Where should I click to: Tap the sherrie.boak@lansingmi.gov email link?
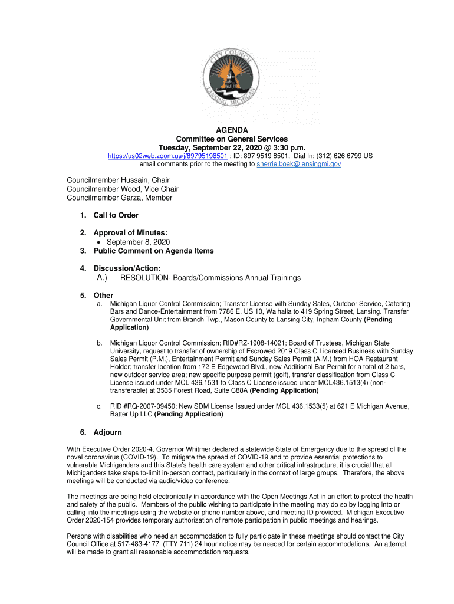(299, 164)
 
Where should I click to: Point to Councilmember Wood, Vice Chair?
(123, 189)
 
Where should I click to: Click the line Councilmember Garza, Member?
(120, 198)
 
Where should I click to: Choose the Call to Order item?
(116, 215)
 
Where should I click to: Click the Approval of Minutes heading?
(130, 233)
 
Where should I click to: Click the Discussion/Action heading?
(127, 268)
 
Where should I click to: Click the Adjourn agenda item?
(107, 432)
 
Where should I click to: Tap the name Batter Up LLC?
(131, 414)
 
